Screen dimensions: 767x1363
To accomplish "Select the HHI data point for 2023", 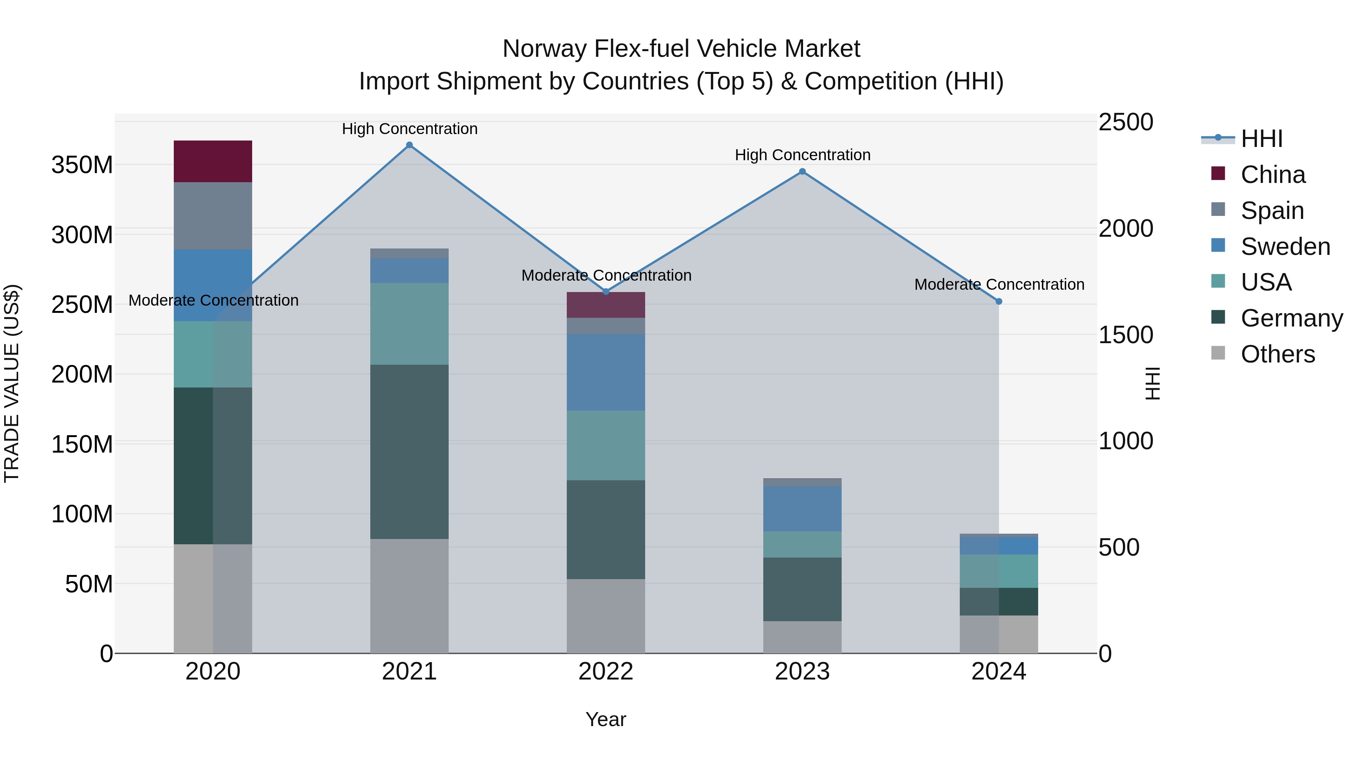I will pos(802,172).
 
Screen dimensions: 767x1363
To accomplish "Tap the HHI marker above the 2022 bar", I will pos(607,292).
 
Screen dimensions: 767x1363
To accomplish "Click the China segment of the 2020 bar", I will pos(213,161).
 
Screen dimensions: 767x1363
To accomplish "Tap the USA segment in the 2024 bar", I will pos(999,571).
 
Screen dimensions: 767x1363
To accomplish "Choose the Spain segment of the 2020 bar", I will pos(213,216).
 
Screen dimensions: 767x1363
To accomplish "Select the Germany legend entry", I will pos(1291,318).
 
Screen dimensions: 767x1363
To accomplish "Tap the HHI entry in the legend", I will pos(1262,139).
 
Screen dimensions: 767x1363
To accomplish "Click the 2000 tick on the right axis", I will pos(1126,229).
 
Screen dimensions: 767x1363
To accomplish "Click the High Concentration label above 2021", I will pos(410,129).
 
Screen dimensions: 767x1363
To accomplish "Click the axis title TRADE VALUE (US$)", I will pos(12,383).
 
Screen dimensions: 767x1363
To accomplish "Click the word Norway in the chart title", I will pos(544,49).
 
